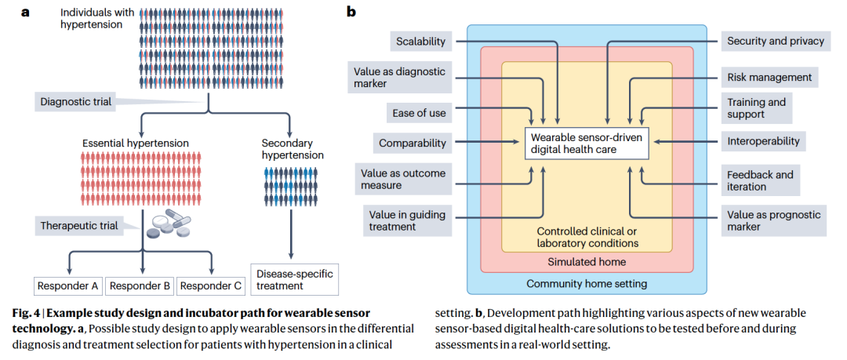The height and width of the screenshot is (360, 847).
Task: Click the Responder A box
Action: point(69,285)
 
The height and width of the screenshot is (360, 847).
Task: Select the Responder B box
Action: point(139,285)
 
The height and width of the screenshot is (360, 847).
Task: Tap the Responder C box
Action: point(210,285)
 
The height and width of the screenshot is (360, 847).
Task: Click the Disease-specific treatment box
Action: point(293,279)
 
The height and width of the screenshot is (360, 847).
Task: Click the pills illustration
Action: point(169,230)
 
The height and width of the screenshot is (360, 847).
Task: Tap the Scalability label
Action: point(420,42)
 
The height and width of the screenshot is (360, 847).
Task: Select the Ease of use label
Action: point(420,113)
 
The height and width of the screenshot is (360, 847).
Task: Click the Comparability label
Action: point(413,143)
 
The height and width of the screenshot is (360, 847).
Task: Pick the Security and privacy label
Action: point(775,42)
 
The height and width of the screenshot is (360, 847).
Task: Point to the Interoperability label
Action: point(763,142)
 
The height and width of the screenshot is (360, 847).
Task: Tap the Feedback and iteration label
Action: point(760,180)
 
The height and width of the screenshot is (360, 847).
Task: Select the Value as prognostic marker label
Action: point(773,220)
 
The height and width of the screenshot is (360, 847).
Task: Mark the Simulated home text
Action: point(587,261)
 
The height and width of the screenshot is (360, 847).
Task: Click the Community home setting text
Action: point(587,283)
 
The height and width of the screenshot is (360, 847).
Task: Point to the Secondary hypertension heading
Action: point(292,149)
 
